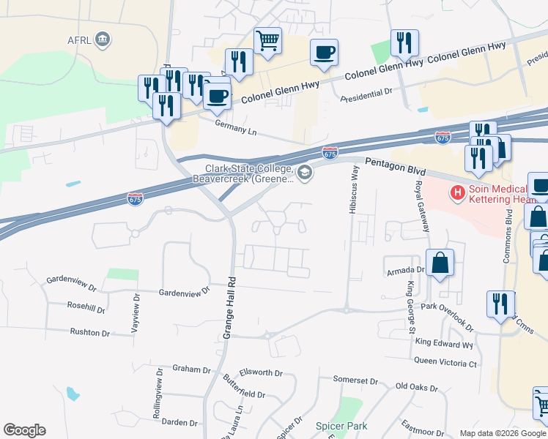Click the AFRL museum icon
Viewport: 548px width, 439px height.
point(103,39)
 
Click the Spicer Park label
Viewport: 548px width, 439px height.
point(341,425)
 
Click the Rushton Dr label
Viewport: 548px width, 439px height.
point(89,333)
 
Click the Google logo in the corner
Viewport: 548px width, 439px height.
point(24,430)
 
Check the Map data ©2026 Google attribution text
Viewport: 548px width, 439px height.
point(503,433)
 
